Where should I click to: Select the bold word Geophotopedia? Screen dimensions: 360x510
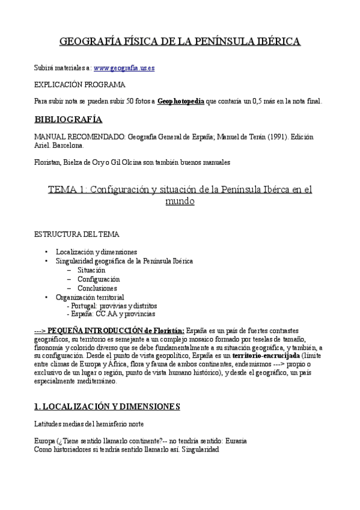pos(180,102)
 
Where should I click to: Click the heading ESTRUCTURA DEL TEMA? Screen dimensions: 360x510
pos(77,233)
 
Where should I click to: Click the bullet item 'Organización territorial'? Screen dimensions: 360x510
pos(90,297)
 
